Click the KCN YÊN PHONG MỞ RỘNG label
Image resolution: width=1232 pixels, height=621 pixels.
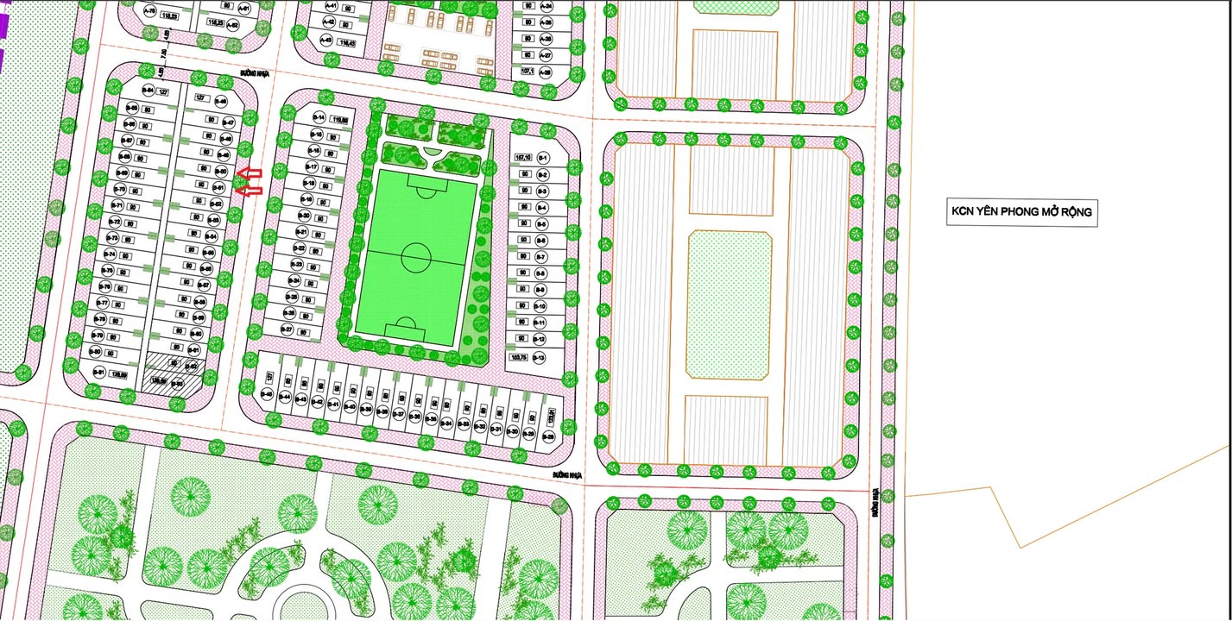click(x=1021, y=212)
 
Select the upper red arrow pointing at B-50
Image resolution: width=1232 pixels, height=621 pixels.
click(x=250, y=172)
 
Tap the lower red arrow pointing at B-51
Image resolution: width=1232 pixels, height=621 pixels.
click(x=250, y=190)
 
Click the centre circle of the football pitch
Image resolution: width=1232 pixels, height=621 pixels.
click(x=416, y=256)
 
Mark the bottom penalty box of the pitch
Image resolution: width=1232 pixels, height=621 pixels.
click(x=404, y=329)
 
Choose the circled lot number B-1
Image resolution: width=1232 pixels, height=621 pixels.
click(x=544, y=158)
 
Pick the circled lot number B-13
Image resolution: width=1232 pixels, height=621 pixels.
click(x=540, y=357)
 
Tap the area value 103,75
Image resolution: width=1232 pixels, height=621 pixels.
click(x=519, y=357)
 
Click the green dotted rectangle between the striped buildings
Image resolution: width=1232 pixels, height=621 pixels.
click(x=730, y=305)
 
